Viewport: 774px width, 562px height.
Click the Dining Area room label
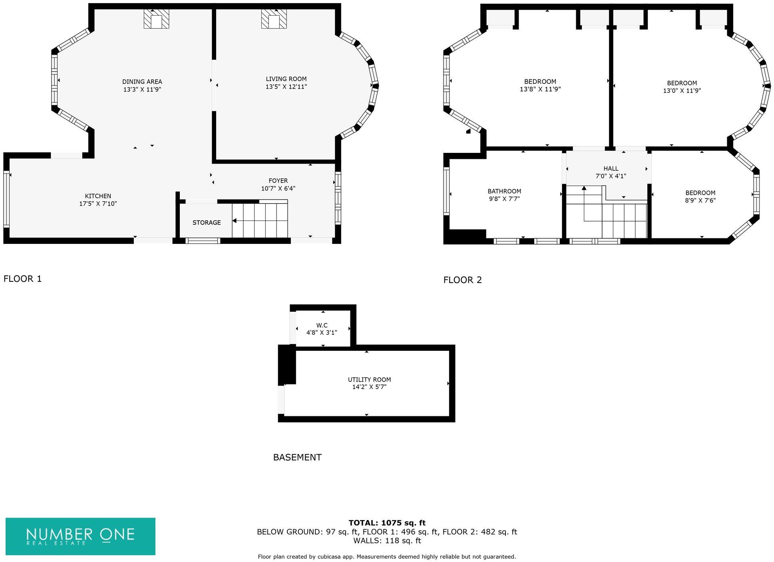tap(142, 82)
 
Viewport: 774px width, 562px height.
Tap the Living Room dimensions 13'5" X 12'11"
tap(286, 87)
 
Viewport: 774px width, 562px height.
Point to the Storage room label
tap(206, 223)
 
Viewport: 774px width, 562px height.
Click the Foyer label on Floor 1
tap(278, 181)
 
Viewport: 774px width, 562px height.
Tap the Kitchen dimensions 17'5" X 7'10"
tap(98, 204)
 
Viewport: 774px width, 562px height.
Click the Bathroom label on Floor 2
tap(504, 191)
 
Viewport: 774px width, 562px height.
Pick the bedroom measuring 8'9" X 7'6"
tap(700, 196)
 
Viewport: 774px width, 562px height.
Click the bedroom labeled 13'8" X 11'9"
tap(540, 85)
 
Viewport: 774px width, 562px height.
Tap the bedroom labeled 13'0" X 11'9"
tap(682, 87)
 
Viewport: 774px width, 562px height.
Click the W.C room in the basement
tap(322, 328)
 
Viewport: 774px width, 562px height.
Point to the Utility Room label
tap(369, 380)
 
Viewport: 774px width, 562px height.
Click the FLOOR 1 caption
tap(22, 279)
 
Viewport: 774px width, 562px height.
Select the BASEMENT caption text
tap(297, 457)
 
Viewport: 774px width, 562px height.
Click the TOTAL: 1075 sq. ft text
tap(387, 523)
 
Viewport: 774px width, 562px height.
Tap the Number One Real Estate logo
tap(80, 536)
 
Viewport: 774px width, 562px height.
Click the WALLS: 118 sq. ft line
tap(387, 541)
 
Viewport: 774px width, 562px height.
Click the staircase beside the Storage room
tap(260, 221)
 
